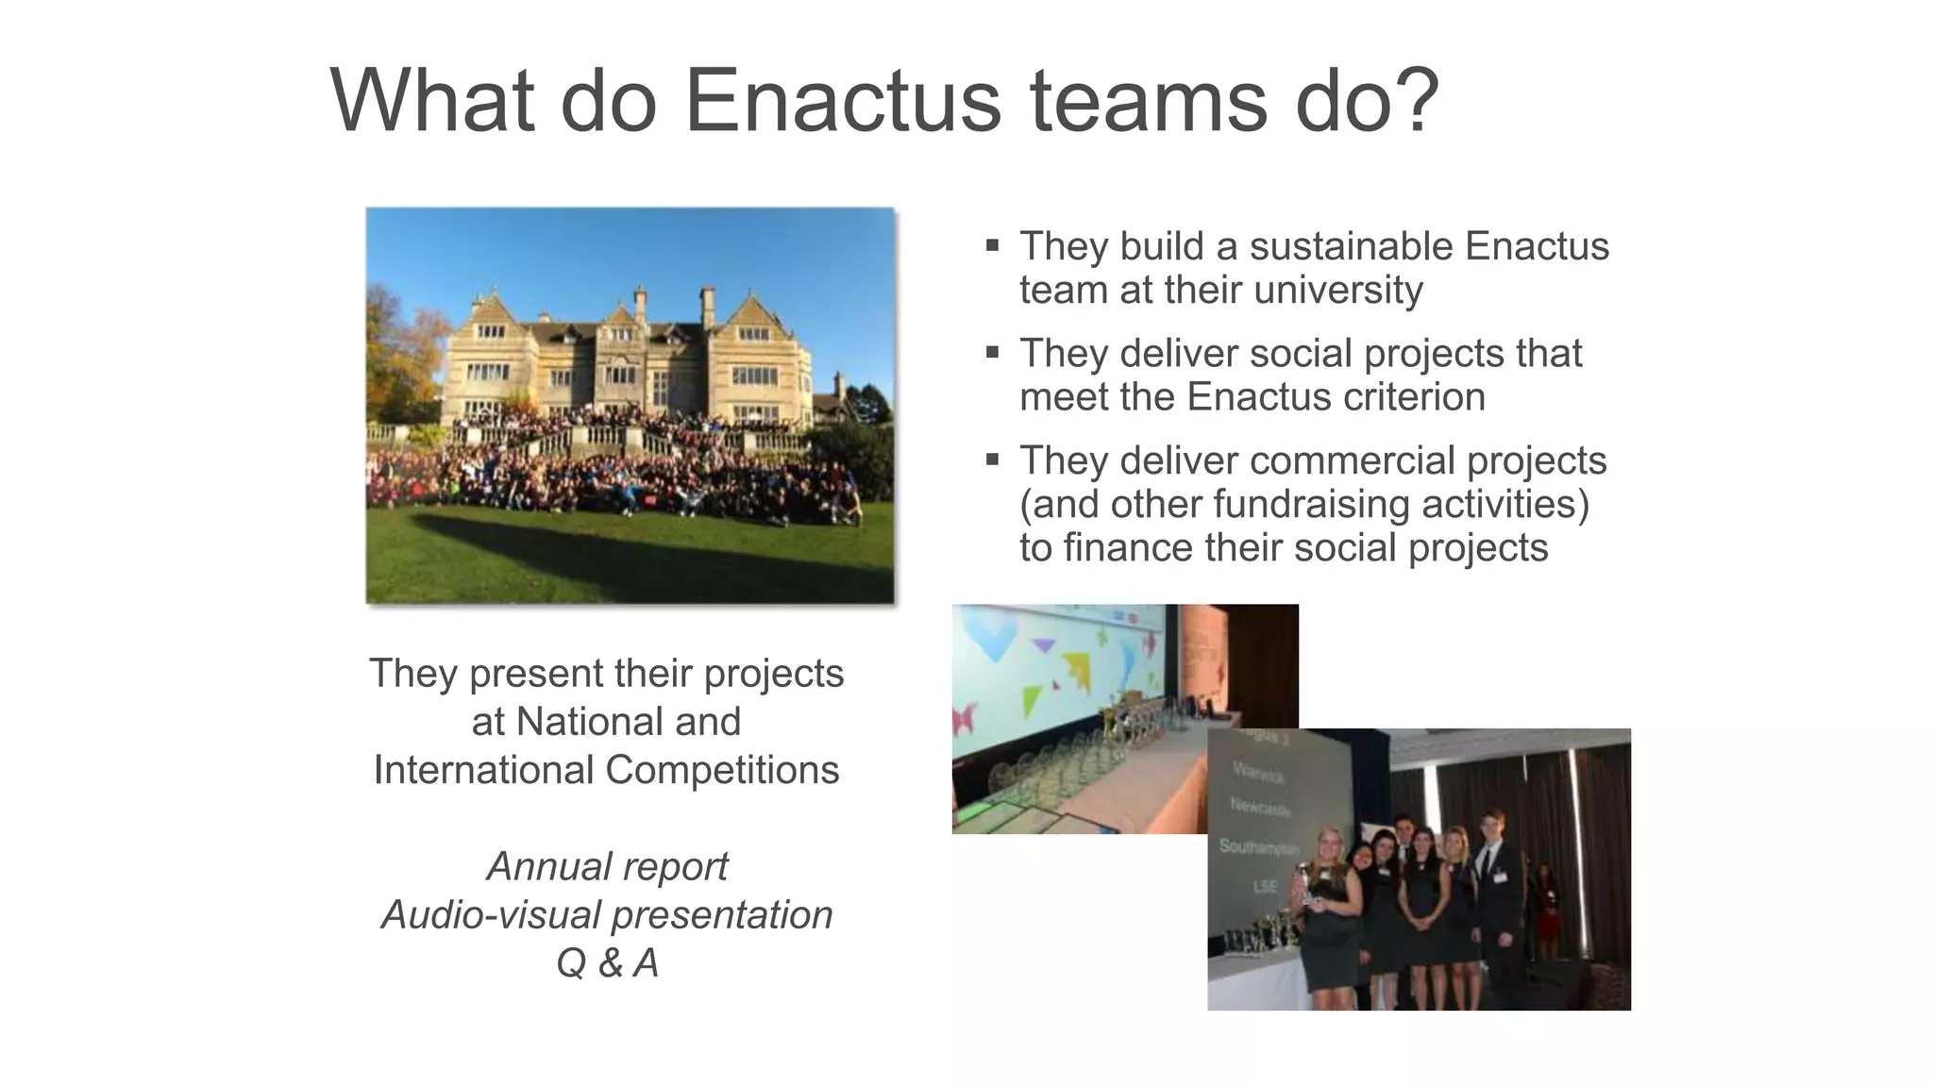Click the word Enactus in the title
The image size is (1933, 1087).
coord(842,101)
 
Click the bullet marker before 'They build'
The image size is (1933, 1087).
coord(992,246)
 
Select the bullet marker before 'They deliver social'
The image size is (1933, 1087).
coord(992,353)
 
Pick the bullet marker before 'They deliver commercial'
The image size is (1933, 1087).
coord(992,460)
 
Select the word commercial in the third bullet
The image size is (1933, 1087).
coord(1339,461)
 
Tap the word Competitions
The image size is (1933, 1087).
coord(721,770)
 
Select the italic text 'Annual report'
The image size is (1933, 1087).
coord(607,866)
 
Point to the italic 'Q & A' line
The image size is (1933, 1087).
coord(607,963)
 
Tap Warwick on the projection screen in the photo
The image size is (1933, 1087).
coord(1259,771)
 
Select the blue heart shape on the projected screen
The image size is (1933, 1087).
coord(986,630)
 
